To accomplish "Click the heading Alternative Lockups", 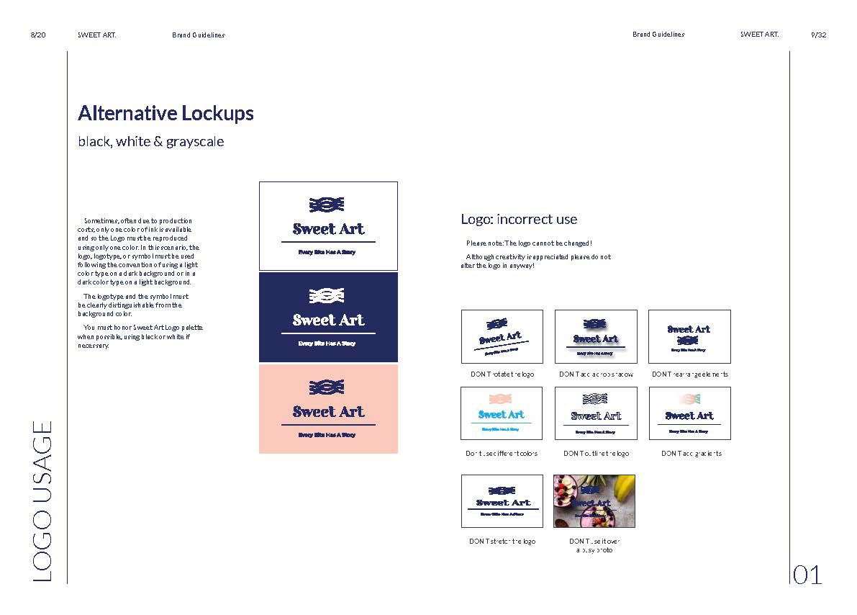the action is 165,114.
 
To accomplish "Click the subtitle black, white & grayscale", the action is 151,142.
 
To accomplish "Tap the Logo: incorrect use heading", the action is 519,219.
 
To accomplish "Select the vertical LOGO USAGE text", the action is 43,501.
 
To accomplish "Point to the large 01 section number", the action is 807,575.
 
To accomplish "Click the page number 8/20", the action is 39,35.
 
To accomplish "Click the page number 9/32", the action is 818,35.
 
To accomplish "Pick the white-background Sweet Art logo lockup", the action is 328,226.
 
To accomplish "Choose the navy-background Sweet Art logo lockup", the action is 328,317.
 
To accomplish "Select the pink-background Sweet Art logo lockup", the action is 328,408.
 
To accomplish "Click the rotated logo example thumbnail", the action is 502,336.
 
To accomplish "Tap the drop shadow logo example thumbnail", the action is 596,336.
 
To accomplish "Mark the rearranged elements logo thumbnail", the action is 689,336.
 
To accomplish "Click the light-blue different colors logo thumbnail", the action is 502,413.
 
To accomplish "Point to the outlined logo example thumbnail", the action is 596,413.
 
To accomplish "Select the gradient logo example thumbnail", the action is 689,413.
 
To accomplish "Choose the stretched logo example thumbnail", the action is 502,500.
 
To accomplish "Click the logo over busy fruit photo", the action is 594,500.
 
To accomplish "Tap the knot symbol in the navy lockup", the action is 327,295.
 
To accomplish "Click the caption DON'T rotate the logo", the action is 502,374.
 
